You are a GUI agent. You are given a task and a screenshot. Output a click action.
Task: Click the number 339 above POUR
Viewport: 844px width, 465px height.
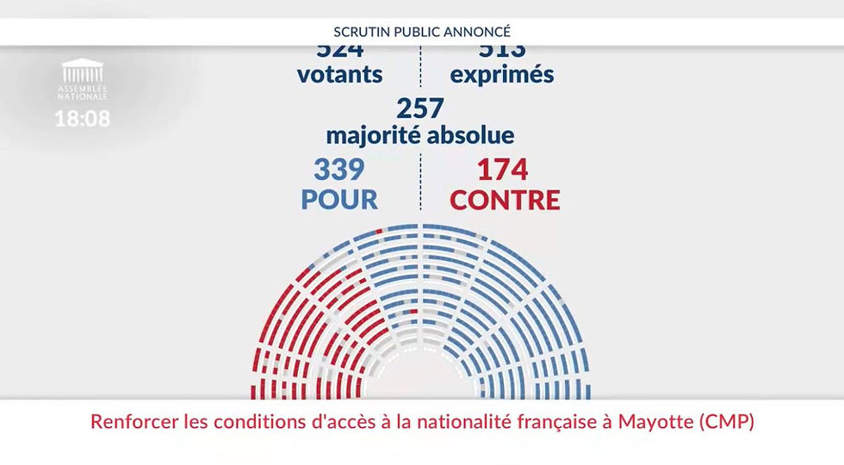(x=339, y=169)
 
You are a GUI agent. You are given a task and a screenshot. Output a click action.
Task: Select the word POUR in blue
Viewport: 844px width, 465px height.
(x=339, y=200)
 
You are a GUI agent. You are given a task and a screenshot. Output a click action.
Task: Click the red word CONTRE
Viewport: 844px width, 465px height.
(x=505, y=200)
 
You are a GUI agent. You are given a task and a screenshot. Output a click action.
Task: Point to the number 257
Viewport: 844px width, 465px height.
(x=420, y=108)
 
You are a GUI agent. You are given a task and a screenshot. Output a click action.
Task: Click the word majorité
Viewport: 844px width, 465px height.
(x=372, y=135)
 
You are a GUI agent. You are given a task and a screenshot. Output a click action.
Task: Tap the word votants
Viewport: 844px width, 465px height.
(x=339, y=74)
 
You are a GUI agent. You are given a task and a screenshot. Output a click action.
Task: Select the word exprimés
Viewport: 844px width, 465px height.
(x=502, y=75)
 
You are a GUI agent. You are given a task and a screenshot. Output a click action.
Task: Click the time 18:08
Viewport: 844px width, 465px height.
(x=83, y=119)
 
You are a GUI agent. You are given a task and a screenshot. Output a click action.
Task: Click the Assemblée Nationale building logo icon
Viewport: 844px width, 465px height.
(x=83, y=71)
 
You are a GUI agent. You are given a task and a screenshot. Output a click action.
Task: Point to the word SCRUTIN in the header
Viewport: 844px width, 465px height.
(x=360, y=32)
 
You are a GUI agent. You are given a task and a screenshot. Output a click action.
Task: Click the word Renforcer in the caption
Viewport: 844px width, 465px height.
(x=129, y=423)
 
